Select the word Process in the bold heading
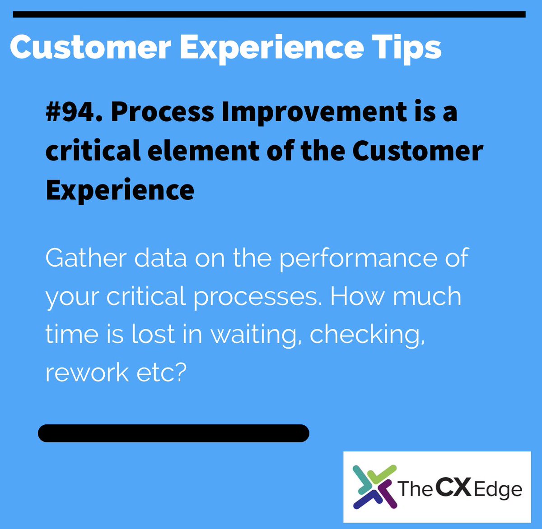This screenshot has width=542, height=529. click(163, 111)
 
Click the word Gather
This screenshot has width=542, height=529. click(86, 258)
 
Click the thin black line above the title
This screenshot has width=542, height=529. click(269, 15)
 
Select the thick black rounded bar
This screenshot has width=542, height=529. click(173, 433)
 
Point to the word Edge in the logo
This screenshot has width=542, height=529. click(498, 490)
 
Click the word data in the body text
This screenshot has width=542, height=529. click(161, 258)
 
